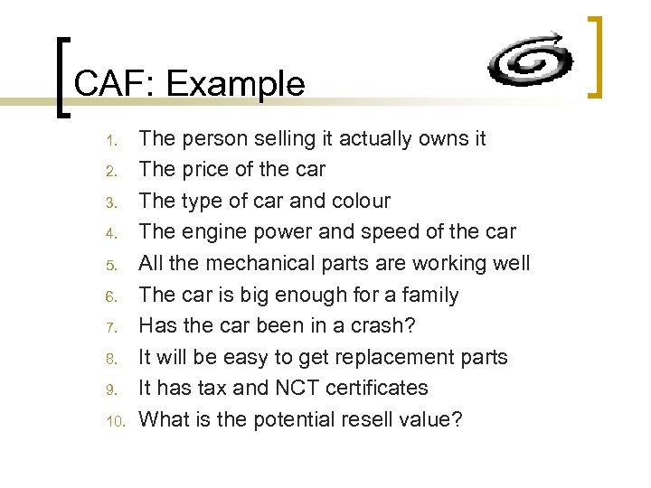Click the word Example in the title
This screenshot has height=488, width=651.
coord(236,84)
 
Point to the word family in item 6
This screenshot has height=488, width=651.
coord(427,295)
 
